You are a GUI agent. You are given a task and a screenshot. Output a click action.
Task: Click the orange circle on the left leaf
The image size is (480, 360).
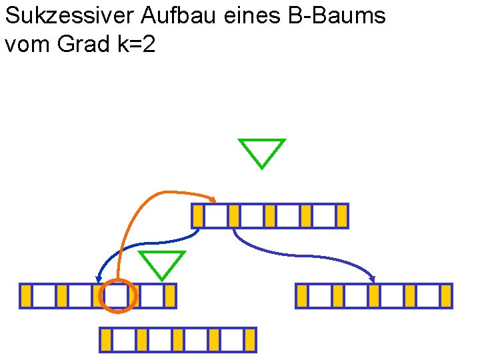117,296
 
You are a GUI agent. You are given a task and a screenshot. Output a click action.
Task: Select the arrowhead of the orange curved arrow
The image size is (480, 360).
213,199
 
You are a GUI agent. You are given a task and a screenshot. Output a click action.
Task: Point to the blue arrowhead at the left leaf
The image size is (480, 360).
99,278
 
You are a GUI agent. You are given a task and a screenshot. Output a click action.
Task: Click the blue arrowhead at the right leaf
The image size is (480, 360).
373,279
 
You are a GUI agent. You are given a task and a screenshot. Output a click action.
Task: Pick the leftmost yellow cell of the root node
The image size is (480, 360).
198,216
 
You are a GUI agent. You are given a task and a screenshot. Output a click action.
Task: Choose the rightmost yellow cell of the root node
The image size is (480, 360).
342,216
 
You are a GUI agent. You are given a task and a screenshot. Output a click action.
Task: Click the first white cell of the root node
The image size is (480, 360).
216,216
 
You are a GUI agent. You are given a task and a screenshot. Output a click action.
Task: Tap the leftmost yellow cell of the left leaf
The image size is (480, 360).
26,296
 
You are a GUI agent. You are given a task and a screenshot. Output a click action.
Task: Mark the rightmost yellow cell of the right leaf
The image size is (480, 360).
446,296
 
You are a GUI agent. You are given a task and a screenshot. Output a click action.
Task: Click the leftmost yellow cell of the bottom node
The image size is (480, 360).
106,340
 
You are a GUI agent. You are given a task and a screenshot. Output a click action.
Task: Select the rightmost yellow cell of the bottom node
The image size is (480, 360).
250,340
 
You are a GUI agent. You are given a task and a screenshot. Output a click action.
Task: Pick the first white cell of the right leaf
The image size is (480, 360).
320,296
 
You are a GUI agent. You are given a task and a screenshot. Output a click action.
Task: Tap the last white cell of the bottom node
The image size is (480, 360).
232,340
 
